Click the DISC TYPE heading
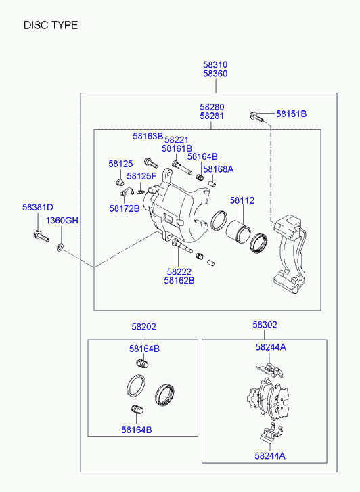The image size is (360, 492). (51, 25)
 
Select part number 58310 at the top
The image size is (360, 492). (215, 65)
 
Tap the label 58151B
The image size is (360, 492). (291, 114)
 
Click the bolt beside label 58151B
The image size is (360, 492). (257, 117)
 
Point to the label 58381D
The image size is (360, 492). (38, 207)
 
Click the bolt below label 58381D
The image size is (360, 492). (41, 236)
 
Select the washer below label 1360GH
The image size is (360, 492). (60, 248)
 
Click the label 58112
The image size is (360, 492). (242, 200)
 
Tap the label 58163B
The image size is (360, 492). (148, 136)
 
